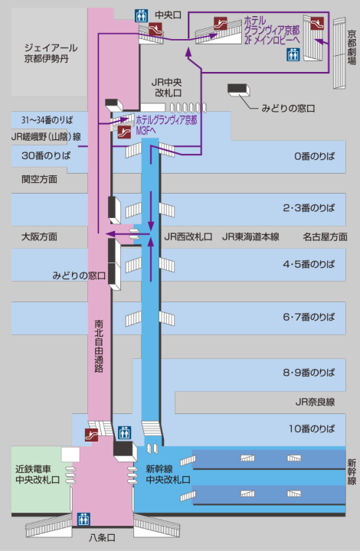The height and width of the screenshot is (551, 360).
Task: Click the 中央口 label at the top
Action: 168,15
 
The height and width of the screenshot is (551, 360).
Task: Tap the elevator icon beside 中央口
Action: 142,15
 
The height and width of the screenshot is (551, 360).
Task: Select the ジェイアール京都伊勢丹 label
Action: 51,53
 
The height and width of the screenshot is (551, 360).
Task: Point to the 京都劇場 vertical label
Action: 352,47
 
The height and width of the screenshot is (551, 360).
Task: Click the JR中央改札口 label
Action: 167,87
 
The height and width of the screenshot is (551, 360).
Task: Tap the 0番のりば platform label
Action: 314,156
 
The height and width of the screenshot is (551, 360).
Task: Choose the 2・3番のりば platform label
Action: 309,207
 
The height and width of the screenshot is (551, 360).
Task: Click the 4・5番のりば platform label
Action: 309,264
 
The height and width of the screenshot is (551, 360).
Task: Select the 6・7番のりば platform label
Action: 309,317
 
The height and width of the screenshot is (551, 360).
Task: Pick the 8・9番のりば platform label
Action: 309,373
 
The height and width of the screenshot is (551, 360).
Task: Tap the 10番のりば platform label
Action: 312,429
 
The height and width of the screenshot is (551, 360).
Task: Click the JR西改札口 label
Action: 188,236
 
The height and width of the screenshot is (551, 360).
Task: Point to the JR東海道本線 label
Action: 250,236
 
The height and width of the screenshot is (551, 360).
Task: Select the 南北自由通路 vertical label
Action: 99,346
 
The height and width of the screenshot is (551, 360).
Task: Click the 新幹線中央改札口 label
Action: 168,474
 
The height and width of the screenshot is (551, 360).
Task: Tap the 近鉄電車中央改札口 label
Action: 38,474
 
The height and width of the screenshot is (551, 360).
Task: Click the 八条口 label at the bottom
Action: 102,538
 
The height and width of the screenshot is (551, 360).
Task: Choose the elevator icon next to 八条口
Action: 83,519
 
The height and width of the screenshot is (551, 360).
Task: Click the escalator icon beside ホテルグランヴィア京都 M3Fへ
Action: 124,132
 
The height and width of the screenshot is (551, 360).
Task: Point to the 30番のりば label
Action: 46,155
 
